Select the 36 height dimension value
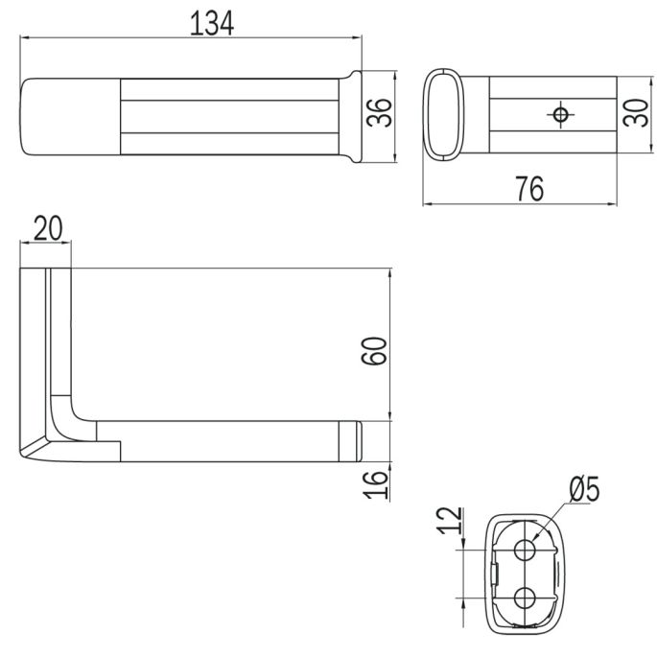point(381,114)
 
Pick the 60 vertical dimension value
point(377,349)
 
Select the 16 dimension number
point(377,482)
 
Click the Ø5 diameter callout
point(583,490)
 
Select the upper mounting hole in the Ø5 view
point(525,551)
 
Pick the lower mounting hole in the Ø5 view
point(525,598)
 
